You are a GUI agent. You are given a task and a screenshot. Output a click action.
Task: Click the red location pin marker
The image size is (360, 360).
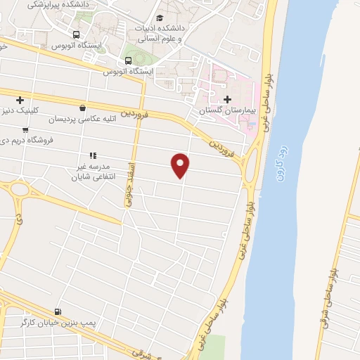click(181, 164)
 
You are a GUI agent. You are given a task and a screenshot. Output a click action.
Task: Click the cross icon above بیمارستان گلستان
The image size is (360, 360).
click(226, 98)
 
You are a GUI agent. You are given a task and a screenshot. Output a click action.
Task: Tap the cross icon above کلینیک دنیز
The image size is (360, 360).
click(20, 100)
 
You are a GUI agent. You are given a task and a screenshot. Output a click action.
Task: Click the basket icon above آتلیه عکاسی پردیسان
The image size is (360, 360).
click(84, 108)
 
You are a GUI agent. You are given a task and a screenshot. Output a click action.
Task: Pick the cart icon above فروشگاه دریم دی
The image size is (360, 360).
click(25, 129)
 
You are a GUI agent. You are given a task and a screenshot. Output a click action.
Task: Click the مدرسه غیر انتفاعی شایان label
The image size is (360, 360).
click(91, 172)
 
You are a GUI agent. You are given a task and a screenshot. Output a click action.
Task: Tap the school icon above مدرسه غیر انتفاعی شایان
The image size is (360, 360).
click(91, 155)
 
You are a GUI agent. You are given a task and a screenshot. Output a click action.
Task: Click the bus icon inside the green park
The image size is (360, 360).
click(128, 59)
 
